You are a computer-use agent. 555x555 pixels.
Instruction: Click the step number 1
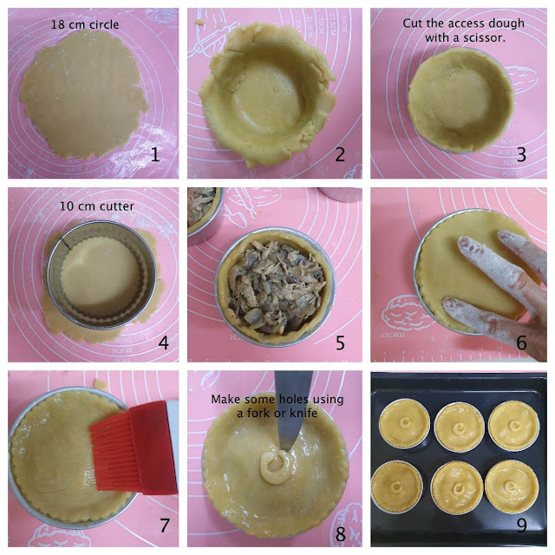point(155,154)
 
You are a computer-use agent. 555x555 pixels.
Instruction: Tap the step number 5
point(340,343)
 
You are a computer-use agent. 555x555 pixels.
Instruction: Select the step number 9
point(522,526)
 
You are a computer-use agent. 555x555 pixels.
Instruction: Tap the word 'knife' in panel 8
point(304,413)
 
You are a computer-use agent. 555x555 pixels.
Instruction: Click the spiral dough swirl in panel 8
point(276,467)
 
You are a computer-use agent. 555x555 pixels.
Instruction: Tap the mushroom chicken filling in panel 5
point(276,287)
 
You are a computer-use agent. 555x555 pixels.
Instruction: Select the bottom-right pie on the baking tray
point(512,487)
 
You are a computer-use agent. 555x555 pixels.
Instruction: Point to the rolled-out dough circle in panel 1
point(84,95)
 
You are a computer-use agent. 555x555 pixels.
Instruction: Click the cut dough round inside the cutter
point(101,274)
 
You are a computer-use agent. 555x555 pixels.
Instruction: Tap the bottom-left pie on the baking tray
point(397,487)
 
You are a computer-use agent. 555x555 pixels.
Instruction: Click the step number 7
point(164,526)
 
